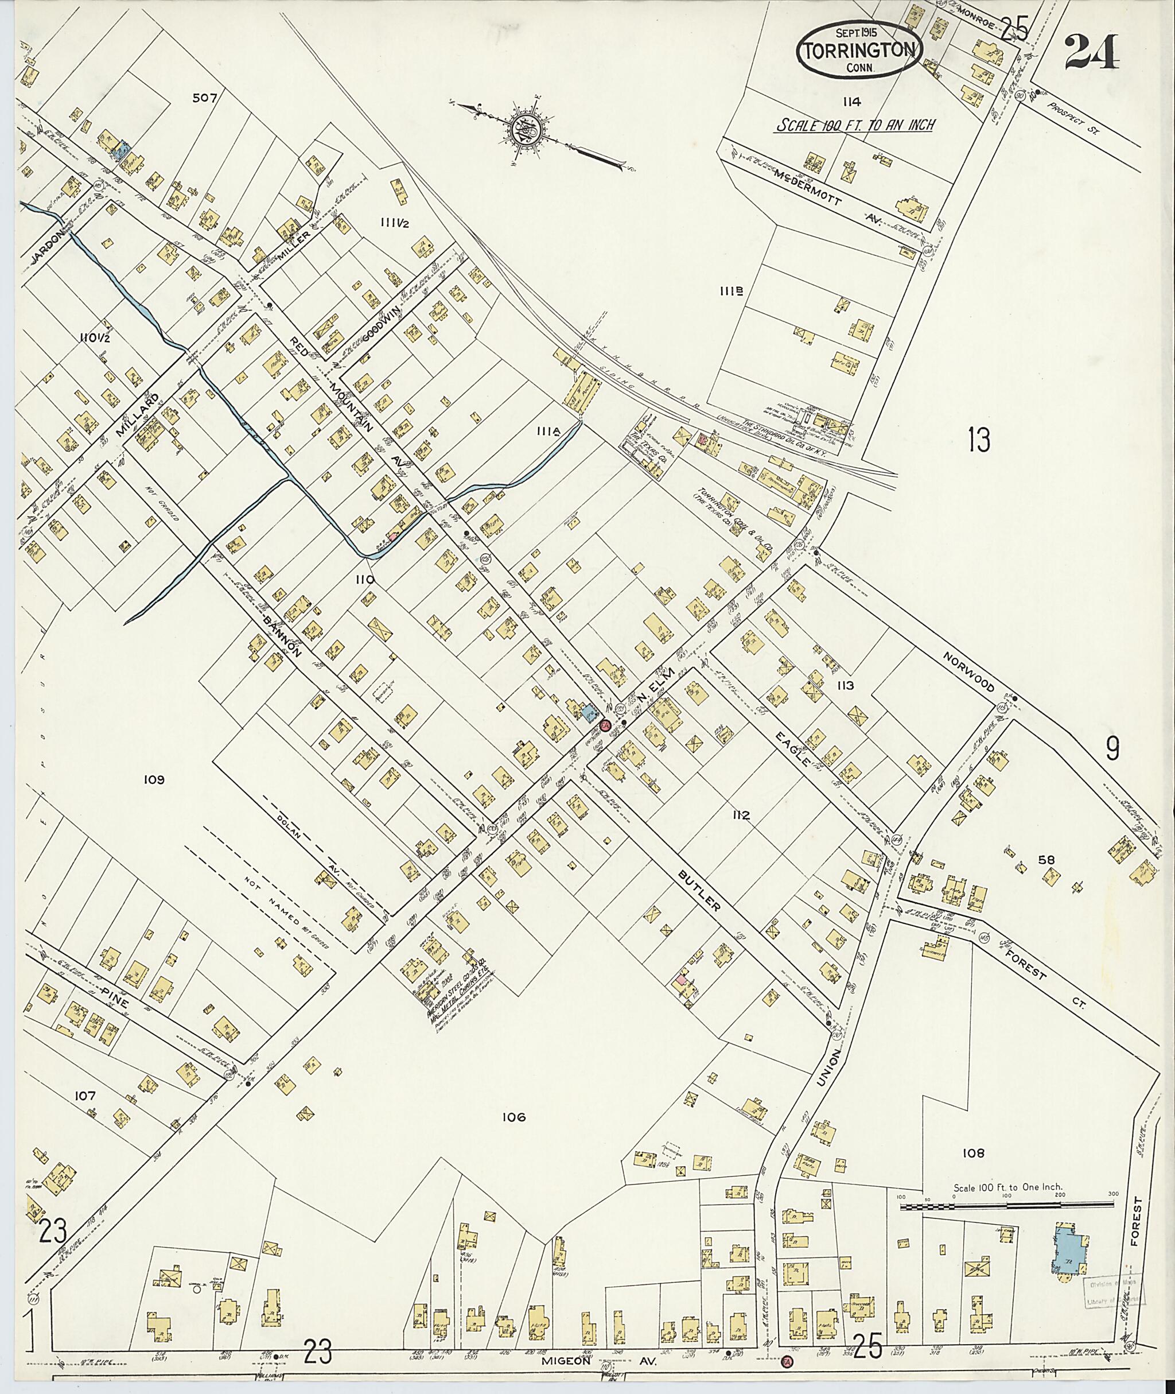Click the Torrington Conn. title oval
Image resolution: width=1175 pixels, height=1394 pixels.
(859, 50)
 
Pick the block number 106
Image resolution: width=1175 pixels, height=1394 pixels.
(514, 1117)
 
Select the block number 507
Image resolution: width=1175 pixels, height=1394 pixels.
(204, 98)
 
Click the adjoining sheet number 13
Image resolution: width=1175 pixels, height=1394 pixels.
(979, 440)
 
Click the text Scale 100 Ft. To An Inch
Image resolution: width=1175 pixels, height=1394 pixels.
(856, 125)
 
